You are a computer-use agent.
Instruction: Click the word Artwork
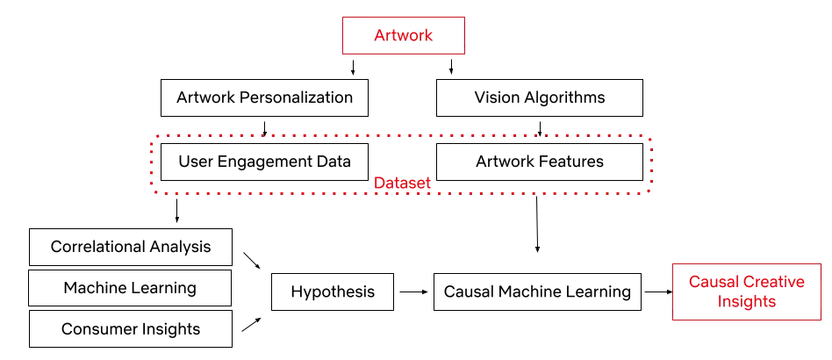coord(404,36)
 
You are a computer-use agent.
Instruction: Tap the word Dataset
coord(402,184)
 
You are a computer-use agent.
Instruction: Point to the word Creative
coord(774,283)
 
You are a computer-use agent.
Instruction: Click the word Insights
coord(746,301)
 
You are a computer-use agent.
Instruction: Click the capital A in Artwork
coord(378,36)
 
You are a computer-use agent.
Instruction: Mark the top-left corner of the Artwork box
coord(341,17)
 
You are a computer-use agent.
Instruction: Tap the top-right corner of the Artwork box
coord(466,17)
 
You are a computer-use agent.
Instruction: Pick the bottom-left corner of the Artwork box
coord(341,54)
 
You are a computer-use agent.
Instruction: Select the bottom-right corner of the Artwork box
coord(466,54)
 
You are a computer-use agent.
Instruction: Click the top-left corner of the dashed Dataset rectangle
coord(151,137)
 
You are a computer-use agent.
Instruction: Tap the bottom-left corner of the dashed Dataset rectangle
coord(151,192)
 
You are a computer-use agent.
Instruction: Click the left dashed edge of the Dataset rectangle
coord(151,165)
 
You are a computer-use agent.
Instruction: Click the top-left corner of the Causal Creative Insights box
coord(671,263)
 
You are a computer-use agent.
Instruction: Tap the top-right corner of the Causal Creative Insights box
coord(821,263)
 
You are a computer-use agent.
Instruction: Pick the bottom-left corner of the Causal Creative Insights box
coord(671,320)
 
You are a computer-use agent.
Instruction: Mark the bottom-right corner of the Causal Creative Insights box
coord(821,320)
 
